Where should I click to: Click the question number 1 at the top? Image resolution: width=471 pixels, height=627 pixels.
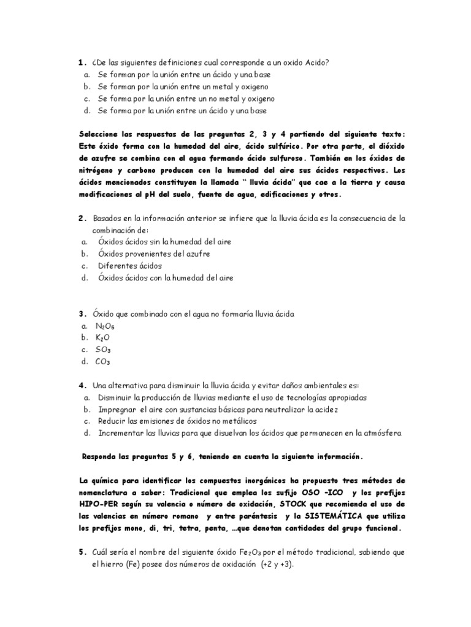click(x=81, y=62)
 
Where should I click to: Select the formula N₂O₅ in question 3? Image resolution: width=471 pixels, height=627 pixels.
click(x=105, y=326)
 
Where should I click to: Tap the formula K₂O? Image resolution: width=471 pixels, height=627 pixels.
click(x=103, y=337)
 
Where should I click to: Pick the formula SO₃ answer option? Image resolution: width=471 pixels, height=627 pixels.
click(x=103, y=350)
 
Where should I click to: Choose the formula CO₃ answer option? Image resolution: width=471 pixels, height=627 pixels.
click(x=103, y=361)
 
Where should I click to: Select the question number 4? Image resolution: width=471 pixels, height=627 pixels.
click(x=81, y=385)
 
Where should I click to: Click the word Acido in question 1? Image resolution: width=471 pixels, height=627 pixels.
click(x=318, y=62)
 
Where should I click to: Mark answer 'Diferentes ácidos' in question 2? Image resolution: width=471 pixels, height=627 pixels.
click(x=129, y=266)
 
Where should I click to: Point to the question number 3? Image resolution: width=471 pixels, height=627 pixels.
click(x=81, y=313)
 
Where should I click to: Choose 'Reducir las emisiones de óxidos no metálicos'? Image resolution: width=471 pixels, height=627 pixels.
click(x=177, y=421)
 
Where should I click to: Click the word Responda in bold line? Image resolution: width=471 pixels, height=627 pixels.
click(x=102, y=457)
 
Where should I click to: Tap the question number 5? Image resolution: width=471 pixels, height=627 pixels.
click(x=81, y=552)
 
